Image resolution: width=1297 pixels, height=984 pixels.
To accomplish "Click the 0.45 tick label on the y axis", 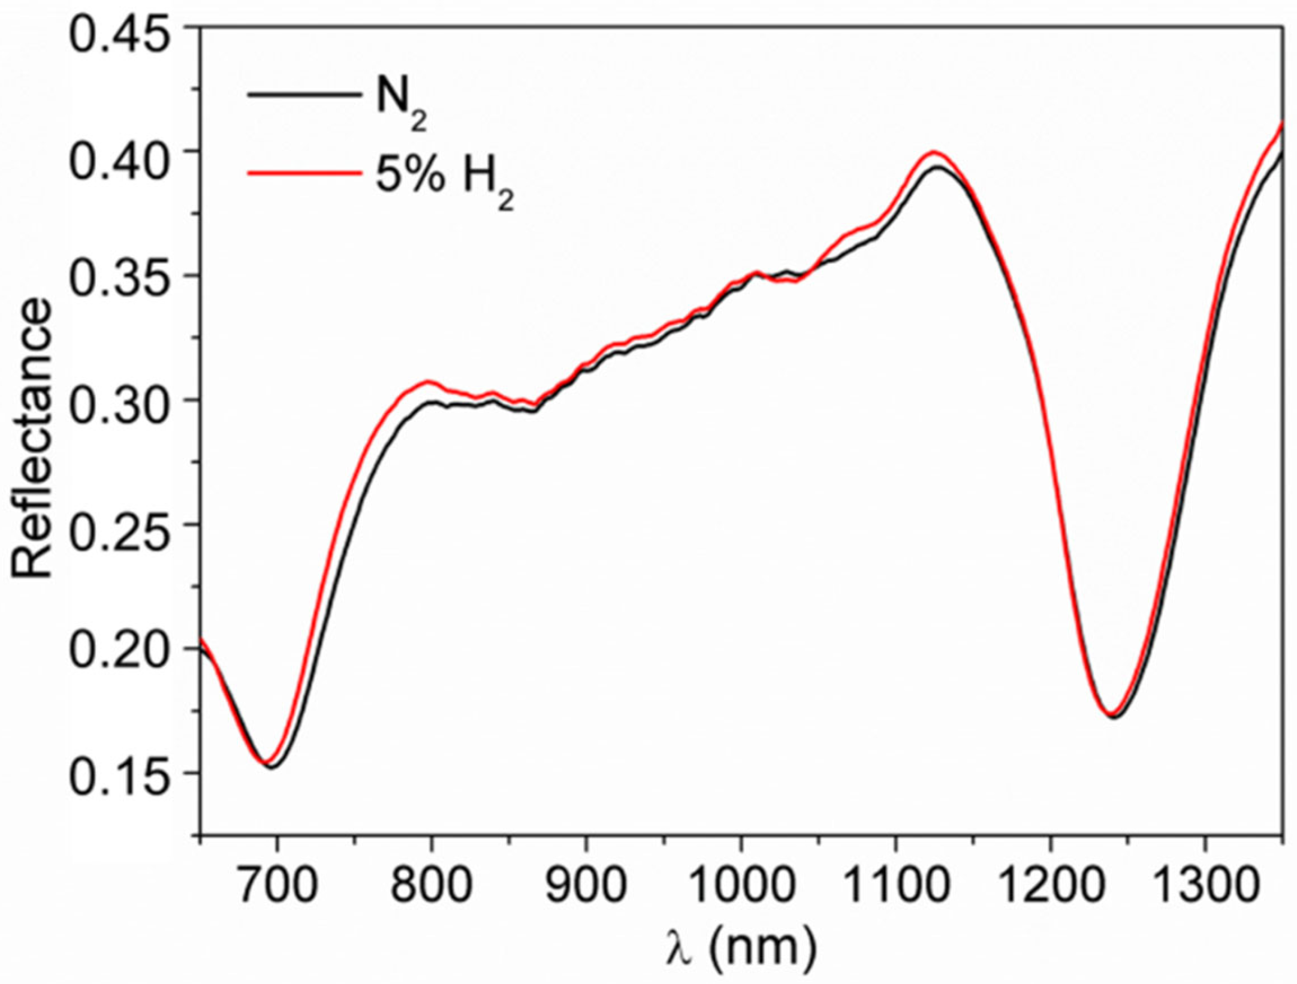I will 125,29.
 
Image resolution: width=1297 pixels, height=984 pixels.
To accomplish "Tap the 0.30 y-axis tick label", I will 125,401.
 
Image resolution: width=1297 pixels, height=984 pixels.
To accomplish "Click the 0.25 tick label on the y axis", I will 125,525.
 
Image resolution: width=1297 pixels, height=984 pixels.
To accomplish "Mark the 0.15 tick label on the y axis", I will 125,774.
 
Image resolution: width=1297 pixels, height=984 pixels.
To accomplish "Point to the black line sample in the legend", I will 303,94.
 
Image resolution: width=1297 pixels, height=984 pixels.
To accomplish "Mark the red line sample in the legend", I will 303,174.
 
